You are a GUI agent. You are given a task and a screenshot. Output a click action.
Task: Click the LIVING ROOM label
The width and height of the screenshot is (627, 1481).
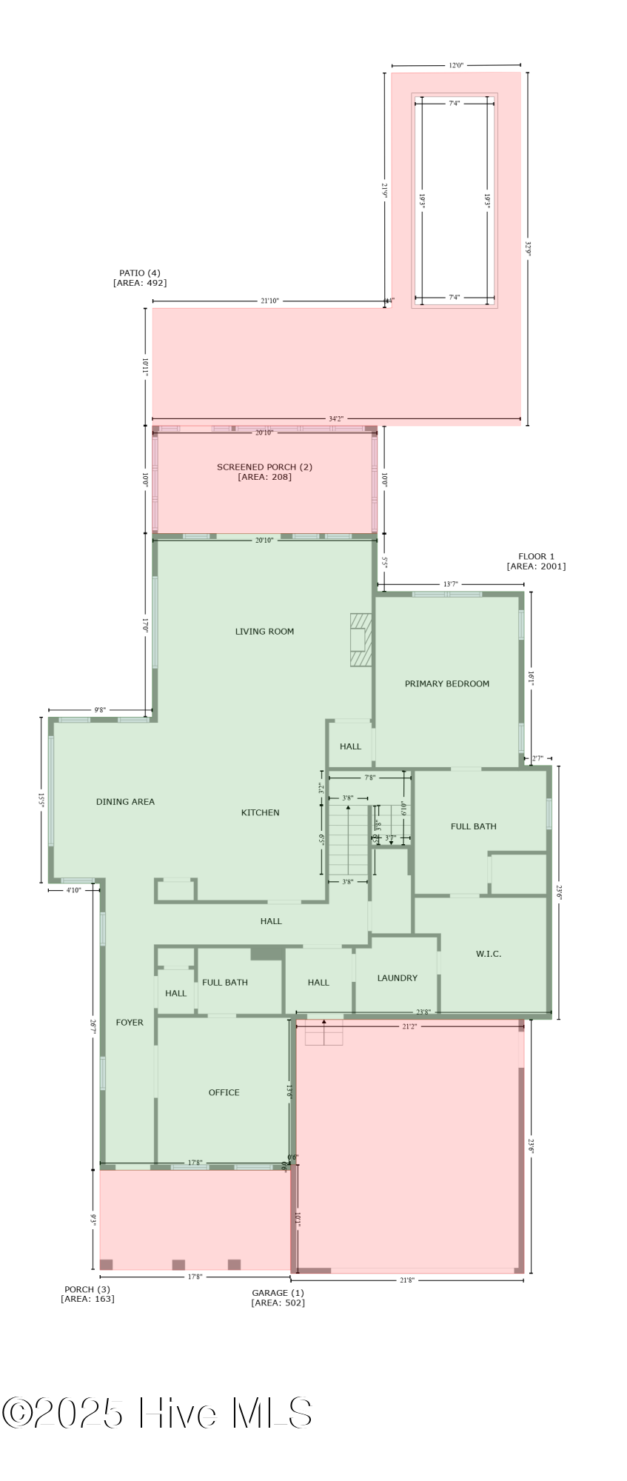pyautogui.click(x=264, y=632)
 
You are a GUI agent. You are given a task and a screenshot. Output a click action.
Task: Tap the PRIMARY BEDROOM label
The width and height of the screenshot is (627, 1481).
pyautogui.click(x=446, y=683)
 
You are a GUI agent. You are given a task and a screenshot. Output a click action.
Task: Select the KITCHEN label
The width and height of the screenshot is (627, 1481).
pyautogui.click(x=260, y=812)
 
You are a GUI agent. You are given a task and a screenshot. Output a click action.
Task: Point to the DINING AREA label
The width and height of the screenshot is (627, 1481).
pyautogui.click(x=125, y=801)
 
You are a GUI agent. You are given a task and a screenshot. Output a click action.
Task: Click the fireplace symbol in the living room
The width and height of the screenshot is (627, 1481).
pyautogui.click(x=361, y=640)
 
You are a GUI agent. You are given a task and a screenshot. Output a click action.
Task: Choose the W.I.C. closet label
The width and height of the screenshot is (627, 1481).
pyautogui.click(x=488, y=954)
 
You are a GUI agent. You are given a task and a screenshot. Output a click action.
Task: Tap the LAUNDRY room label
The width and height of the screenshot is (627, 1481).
pyautogui.click(x=397, y=978)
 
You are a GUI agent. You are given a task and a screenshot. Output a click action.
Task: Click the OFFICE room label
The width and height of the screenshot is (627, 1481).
pyautogui.click(x=224, y=1092)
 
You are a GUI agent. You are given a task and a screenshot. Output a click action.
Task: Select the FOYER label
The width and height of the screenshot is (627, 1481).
pyautogui.click(x=130, y=1023)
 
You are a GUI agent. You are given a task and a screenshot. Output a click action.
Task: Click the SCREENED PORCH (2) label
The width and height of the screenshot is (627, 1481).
pyautogui.click(x=264, y=472)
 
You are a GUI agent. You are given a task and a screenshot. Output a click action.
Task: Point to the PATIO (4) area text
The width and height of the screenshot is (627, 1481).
pyautogui.click(x=140, y=278)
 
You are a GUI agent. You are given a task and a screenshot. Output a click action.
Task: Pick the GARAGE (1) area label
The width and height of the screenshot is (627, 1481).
pyautogui.click(x=278, y=1297)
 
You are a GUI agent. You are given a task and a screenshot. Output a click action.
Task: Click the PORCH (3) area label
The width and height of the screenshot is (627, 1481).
pyautogui.click(x=87, y=1294)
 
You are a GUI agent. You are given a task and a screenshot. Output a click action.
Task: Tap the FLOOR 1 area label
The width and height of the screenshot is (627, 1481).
pyautogui.click(x=536, y=561)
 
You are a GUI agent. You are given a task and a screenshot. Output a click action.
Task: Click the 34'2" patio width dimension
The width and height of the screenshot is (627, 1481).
pyautogui.click(x=336, y=419)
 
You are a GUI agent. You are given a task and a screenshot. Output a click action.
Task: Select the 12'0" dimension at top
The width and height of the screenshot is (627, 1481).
pyautogui.click(x=456, y=65)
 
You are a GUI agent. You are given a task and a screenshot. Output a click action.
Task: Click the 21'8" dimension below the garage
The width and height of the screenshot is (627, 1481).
pyautogui.click(x=406, y=1280)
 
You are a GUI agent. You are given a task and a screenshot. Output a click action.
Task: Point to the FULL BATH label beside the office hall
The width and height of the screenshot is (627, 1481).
pyautogui.click(x=225, y=983)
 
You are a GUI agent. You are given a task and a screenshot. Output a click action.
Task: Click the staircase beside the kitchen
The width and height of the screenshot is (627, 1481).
pyautogui.click(x=348, y=840)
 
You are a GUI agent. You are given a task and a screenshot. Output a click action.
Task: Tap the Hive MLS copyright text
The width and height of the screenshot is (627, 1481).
pyautogui.click(x=157, y=1413)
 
